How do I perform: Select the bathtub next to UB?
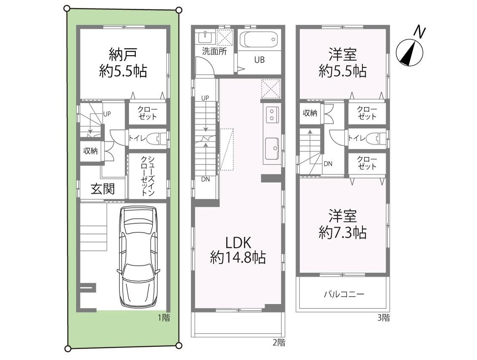(x=259, y=39)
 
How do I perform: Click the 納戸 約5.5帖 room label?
(x=123, y=63)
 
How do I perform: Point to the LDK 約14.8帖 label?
(x=238, y=250)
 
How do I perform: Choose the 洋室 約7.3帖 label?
(x=343, y=225)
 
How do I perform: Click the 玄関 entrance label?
(x=103, y=189)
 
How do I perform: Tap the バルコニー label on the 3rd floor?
(x=344, y=294)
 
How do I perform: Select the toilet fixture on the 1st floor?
(x=158, y=139)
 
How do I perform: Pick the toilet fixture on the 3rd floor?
(x=377, y=139)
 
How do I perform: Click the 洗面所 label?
(x=214, y=52)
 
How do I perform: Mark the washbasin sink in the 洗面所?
(x=205, y=38)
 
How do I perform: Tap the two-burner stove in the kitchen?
(x=271, y=114)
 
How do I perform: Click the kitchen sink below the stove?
(x=272, y=149)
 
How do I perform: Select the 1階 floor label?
(x=164, y=318)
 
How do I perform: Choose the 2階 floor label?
(x=279, y=343)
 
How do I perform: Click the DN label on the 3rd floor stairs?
(x=328, y=164)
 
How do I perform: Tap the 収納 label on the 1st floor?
(x=90, y=151)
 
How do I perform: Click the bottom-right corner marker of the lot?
(x=179, y=345)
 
